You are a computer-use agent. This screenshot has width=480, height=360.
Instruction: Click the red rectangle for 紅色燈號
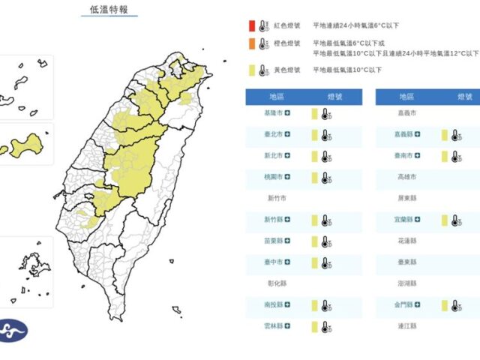coord(252,24)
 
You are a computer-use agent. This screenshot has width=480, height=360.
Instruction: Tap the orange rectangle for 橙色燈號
coord(252,43)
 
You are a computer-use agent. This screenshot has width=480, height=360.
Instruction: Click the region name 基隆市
coord(274,114)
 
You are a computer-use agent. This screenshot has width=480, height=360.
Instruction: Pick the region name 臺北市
coord(274,135)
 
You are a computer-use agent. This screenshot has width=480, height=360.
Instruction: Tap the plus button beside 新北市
coord(287,157)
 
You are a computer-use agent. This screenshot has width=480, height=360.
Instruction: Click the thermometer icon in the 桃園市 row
coord(325,178)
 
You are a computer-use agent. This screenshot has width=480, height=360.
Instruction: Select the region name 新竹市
coord(277,199)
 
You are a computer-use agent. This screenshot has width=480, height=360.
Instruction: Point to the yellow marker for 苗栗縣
coord(309,242)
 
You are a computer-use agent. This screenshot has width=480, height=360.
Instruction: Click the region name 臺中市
coord(274,263)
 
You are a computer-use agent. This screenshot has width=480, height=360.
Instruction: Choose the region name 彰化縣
coord(277,285)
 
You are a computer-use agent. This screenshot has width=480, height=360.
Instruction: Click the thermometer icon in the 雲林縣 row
coord(325,328)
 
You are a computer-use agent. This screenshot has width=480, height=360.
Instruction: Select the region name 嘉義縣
coord(403,135)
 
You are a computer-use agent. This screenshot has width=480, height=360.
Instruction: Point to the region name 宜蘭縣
coord(403,220)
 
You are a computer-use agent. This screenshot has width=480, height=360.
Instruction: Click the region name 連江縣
coord(407,328)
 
